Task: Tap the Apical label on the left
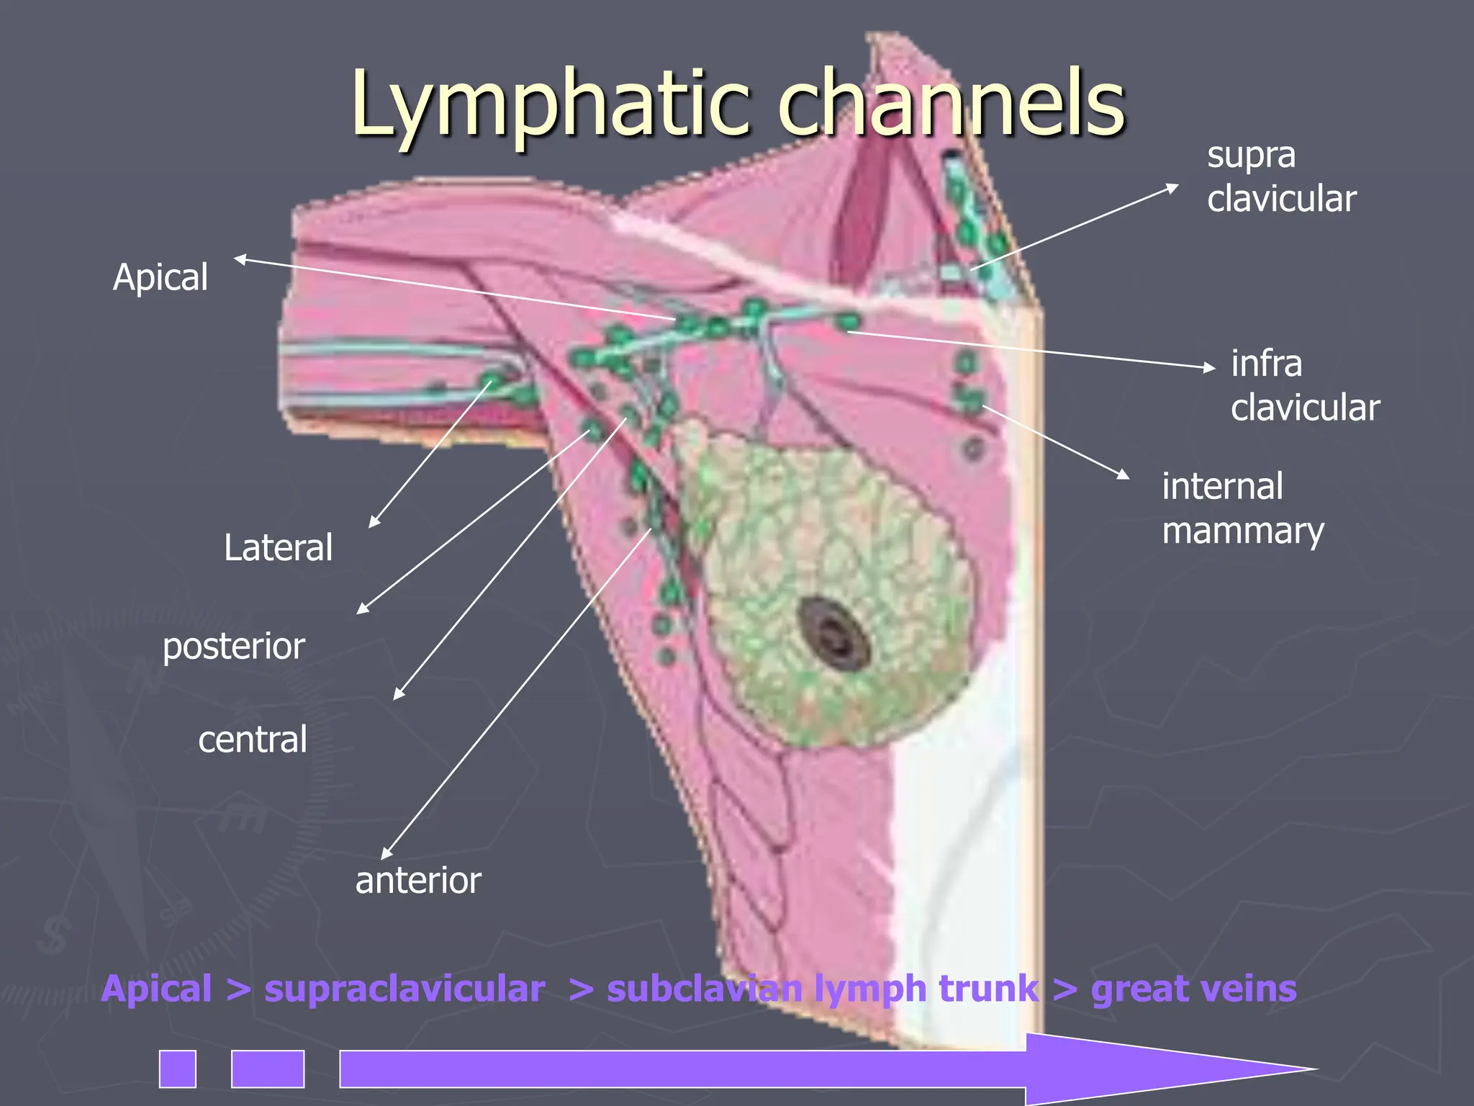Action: [160, 278]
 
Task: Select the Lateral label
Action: [279, 548]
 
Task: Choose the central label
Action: [253, 739]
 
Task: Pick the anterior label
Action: [418, 881]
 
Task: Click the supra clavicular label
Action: [1281, 177]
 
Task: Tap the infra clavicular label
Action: [1305, 386]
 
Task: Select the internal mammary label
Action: [1243, 509]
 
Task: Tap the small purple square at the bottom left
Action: [178, 1069]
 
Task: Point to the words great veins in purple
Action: [1194, 989]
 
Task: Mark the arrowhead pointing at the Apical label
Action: [240, 259]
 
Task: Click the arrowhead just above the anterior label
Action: [386, 854]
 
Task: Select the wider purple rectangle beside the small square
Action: [268, 1069]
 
